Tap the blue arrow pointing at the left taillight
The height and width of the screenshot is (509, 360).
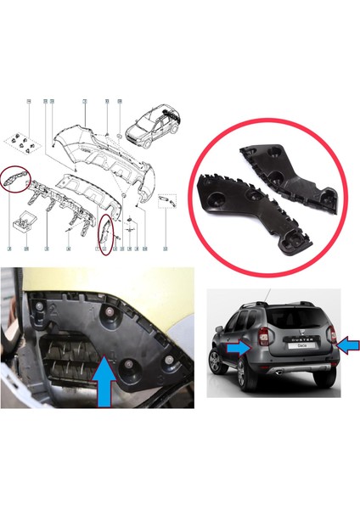tap(241, 346)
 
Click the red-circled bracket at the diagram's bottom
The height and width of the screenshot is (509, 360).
tap(104, 234)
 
